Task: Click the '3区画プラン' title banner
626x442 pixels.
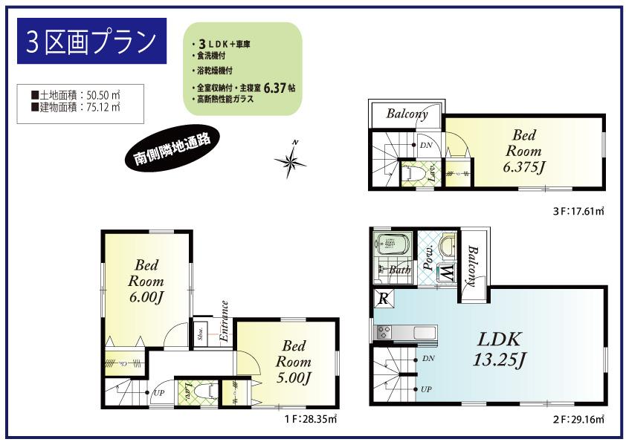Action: (91, 42)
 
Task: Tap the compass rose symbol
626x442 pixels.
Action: (290, 160)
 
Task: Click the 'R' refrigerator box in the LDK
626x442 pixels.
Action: (384, 299)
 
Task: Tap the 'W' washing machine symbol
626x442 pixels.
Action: (447, 273)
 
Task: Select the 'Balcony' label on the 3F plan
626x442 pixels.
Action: (407, 114)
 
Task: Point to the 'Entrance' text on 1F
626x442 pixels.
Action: (225, 321)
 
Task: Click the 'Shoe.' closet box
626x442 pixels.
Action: (201, 334)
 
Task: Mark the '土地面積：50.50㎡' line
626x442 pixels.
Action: (77, 95)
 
